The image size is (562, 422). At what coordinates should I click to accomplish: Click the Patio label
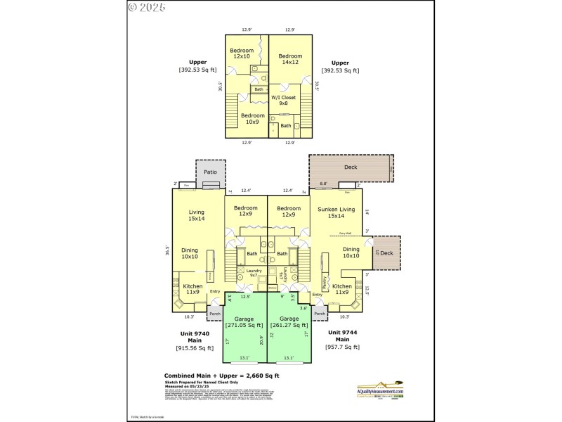[210, 171]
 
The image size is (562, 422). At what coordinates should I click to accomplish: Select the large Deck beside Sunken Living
[351, 167]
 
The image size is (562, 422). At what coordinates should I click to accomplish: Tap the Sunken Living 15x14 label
[336, 213]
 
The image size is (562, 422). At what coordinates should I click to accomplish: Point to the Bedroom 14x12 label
[289, 59]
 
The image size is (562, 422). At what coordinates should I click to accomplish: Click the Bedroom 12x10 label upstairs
[242, 53]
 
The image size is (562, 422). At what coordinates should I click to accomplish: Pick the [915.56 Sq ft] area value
[195, 347]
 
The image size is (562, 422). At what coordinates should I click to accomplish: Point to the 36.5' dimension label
[167, 250]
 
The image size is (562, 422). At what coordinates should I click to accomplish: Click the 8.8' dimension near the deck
[324, 184]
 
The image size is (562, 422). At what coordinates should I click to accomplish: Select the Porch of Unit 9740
[215, 314]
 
